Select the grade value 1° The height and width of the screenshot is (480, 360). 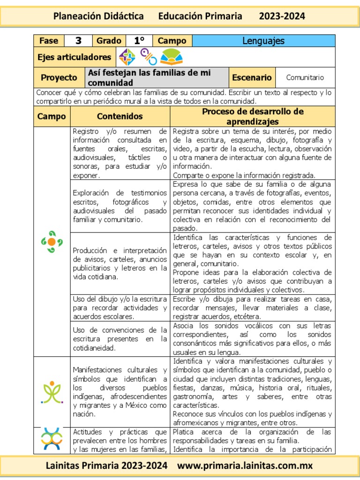(x=139, y=41)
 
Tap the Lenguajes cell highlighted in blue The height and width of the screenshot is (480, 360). (x=263, y=41)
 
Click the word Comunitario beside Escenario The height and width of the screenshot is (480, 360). (x=305, y=77)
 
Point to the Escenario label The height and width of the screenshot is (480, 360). (x=252, y=77)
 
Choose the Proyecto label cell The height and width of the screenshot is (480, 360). (x=59, y=77)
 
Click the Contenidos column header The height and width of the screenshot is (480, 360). (x=120, y=116)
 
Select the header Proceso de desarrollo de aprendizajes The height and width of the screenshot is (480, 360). (x=253, y=116)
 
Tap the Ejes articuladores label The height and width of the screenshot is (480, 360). (x=74, y=57)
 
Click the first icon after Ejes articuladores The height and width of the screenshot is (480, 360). (x=127, y=57)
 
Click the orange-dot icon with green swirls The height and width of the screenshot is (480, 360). (x=52, y=241)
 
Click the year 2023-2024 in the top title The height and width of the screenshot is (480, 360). (x=282, y=16)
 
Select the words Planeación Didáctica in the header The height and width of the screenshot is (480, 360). (x=98, y=16)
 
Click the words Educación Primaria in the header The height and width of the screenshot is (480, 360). (x=200, y=16)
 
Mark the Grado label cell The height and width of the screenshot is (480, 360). (x=109, y=41)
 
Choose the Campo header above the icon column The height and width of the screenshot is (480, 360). (x=52, y=116)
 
